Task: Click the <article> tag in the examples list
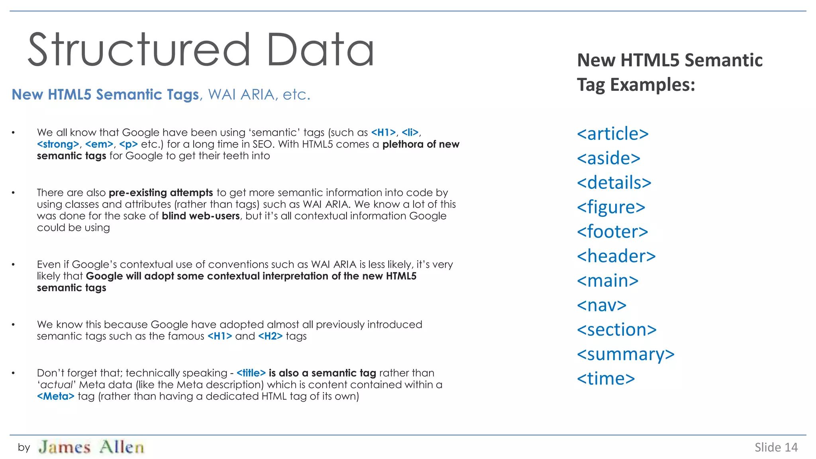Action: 612,134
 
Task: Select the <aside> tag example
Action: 608,159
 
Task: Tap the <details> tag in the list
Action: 614,183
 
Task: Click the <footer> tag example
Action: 612,232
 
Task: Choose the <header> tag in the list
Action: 616,257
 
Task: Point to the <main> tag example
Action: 608,281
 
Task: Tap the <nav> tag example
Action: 602,306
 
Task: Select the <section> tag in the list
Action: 616,330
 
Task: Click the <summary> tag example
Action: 626,355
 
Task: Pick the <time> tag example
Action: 606,379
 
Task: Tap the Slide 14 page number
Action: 776,447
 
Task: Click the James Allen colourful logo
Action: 91,447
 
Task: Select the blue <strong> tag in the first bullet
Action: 58,144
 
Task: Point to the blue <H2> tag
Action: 270,336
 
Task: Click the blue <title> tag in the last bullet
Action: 251,373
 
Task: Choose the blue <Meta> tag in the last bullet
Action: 56,396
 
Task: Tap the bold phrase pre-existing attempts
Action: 161,193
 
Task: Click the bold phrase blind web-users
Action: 200,216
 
